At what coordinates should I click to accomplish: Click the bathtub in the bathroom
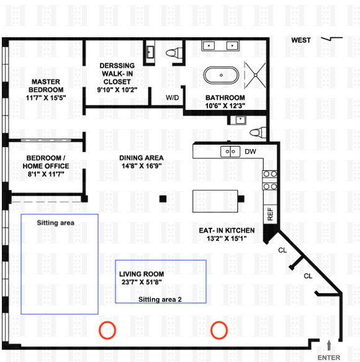(221, 75)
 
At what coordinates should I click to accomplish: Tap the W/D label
(172, 97)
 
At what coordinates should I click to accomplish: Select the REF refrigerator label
(270, 214)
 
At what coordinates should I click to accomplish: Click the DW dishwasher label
(250, 152)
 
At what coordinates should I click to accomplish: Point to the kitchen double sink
(230, 152)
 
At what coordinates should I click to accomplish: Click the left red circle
(107, 330)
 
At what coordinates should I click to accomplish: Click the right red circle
(219, 330)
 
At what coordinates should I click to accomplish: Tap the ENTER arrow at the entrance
(329, 346)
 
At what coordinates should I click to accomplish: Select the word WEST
(301, 40)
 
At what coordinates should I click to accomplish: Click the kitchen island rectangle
(215, 201)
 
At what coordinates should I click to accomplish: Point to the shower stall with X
(255, 75)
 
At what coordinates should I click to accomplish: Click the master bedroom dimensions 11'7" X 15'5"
(46, 97)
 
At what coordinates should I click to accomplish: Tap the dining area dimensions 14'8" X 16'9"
(142, 166)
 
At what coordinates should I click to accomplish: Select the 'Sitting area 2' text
(160, 299)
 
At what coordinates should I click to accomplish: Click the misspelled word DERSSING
(117, 66)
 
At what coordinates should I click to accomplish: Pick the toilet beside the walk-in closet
(174, 53)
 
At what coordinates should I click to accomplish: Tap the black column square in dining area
(163, 199)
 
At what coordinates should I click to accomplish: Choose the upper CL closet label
(282, 250)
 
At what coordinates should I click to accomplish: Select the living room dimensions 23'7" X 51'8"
(142, 282)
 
